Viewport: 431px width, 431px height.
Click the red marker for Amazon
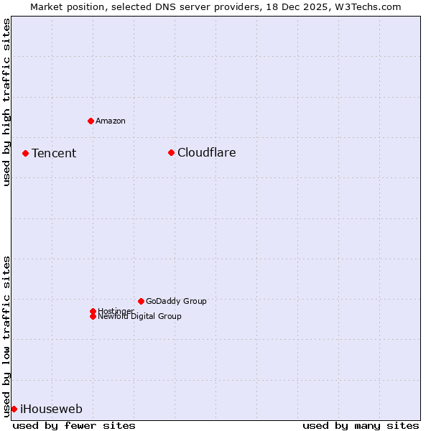coord(91,121)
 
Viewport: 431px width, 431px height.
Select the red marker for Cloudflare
coord(171,152)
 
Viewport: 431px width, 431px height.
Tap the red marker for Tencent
coord(25,153)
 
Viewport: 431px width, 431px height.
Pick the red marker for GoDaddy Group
coord(141,301)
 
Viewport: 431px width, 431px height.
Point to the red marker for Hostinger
coord(93,311)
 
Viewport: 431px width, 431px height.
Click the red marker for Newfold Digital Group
coord(93,316)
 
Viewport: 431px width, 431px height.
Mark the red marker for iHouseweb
coord(14,409)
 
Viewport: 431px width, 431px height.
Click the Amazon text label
coord(111,121)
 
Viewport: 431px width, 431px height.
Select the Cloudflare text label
coord(206,152)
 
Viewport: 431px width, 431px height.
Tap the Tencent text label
coord(54,153)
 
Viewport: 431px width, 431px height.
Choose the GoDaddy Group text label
coord(176,301)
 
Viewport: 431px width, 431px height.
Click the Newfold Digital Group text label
coord(139,317)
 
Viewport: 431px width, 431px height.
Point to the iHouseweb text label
coord(51,409)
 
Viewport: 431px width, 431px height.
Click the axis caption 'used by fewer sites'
coord(74,425)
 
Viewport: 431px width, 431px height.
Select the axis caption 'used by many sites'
coord(361,425)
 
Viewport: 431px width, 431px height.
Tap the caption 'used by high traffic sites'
coord(6,102)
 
